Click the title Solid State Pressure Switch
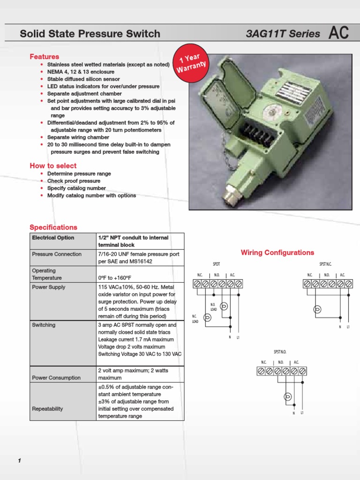tap(90, 34)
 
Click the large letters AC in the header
tap(338, 33)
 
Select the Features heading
tap(45, 57)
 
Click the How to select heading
tap(53, 166)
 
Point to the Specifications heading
tap(53, 227)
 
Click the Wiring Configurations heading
tap(277, 253)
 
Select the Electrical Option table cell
tap(53, 238)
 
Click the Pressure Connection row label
tap(57, 254)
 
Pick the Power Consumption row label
tap(56, 378)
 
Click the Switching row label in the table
tap(44, 325)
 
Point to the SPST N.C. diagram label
tap(325, 264)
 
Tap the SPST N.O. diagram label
tap(280, 352)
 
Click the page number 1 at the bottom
tap(20, 461)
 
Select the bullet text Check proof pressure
tap(74, 181)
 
